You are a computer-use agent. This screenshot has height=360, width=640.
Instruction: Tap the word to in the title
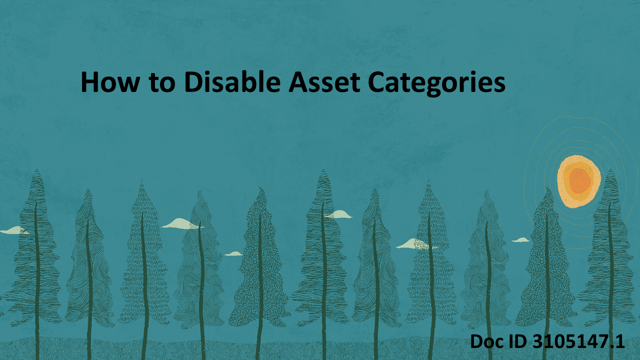161,82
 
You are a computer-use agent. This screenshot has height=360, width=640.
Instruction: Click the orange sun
578,181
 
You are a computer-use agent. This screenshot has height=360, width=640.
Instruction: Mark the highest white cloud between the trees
339,214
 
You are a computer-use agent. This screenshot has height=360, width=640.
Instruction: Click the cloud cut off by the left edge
12,230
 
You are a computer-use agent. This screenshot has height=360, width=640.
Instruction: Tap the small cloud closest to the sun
521,240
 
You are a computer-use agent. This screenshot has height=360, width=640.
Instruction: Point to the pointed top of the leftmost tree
36,172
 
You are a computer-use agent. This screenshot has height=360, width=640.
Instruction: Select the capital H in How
90,82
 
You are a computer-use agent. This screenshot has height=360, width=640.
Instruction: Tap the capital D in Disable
193,82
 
